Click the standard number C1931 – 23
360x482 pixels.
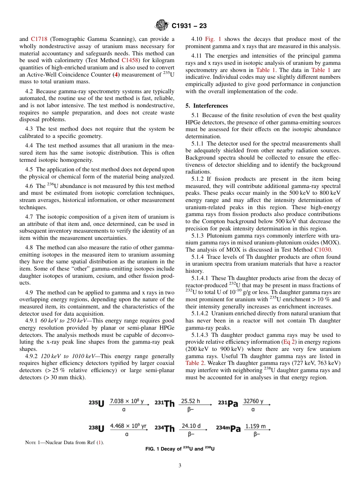click(x=189, y=26)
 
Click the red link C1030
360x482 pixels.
click(x=323, y=249)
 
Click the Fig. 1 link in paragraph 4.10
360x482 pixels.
click(x=213, y=39)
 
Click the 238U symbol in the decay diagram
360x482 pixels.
click(x=97, y=429)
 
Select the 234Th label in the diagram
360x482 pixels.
click(x=165, y=429)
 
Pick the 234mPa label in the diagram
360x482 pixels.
click(x=228, y=429)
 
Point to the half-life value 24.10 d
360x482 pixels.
click(x=191, y=426)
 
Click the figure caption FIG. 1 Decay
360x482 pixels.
click(x=180, y=449)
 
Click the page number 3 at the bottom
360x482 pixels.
click(x=180, y=466)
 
